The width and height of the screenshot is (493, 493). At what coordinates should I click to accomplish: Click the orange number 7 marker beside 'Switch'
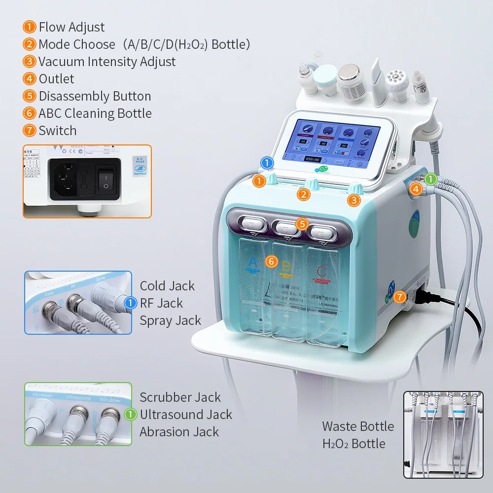[x=30, y=131]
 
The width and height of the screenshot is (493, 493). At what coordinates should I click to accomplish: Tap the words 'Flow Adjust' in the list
[x=71, y=27]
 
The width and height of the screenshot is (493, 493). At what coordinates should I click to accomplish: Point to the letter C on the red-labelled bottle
[x=321, y=271]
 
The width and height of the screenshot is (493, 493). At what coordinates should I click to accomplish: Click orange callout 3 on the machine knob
[x=353, y=200]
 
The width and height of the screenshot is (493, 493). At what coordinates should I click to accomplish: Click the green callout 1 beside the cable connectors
[x=430, y=179]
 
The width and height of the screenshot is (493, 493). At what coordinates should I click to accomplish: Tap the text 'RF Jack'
[x=161, y=303]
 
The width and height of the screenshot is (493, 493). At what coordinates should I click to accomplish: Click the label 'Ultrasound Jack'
[x=185, y=415]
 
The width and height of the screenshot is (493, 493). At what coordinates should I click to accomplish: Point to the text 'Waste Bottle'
[x=358, y=426]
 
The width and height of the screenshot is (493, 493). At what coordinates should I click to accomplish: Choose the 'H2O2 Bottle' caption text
[x=353, y=444]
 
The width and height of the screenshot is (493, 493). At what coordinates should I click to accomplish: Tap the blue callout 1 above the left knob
[x=267, y=163]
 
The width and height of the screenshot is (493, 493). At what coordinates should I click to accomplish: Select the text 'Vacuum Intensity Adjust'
[x=107, y=62]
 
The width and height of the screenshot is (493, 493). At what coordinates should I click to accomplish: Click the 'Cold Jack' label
[x=167, y=286]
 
